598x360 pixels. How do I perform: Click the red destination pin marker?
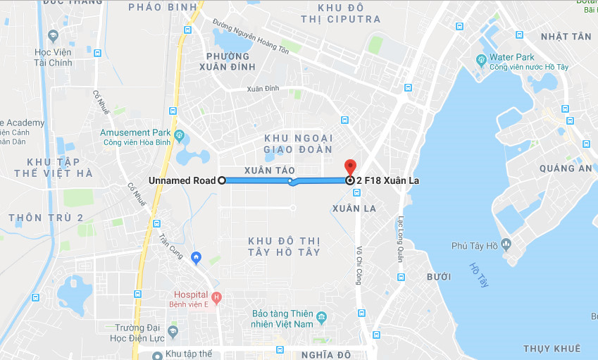(x=350, y=167)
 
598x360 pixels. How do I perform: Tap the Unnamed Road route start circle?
(x=221, y=180)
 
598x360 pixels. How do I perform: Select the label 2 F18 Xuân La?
(x=387, y=181)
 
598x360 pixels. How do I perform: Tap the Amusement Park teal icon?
(x=179, y=134)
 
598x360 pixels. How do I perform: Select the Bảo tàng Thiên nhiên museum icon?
(x=321, y=316)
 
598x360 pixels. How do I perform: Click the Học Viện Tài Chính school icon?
(x=53, y=35)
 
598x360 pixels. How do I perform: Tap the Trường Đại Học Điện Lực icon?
(x=172, y=330)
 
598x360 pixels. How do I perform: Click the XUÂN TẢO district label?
(x=270, y=171)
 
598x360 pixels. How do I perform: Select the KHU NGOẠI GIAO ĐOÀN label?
(x=298, y=143)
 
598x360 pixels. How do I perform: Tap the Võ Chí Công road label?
(x=359, y=267)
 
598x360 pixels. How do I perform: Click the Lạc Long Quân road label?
(x=401, y=239)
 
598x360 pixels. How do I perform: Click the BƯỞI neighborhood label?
(x=439, y=277)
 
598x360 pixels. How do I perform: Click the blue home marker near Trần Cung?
(x=197, y=256)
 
